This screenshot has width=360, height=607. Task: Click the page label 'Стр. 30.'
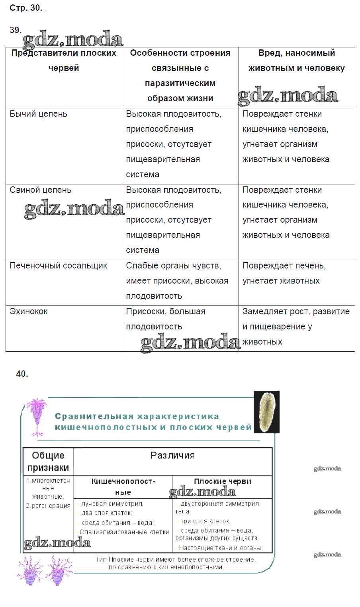coord(26,8)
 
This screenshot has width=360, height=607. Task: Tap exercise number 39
coord(15,30)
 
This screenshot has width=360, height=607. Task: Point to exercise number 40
coord(22,374)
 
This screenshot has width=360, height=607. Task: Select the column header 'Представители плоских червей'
coord(64,61)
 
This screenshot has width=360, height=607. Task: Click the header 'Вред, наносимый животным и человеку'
coord(297,61)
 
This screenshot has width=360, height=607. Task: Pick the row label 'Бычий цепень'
coord(39,114)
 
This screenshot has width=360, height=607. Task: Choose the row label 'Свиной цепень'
coord(41,190)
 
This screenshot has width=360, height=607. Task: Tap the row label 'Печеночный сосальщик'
coord(59,266)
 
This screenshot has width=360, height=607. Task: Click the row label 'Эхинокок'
coord(29,311)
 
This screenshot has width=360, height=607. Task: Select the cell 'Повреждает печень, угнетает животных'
coord(284,273)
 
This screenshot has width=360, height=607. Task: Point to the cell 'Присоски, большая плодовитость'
coord(166,319)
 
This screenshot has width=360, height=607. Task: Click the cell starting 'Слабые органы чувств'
coord(177,281)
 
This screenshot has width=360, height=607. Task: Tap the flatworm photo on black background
coord(266,412)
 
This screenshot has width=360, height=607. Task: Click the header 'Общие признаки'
coord(48,461)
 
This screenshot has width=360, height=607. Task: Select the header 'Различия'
coord(173,455)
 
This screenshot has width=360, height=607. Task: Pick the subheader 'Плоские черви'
coord(223,481)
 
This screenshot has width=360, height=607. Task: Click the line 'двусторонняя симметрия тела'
coord(217,507)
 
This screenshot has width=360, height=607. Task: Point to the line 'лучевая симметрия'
coord(112,504)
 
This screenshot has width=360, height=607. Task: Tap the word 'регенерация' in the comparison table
coord(51,506)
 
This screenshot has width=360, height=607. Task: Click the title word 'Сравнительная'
coord(94,417)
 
